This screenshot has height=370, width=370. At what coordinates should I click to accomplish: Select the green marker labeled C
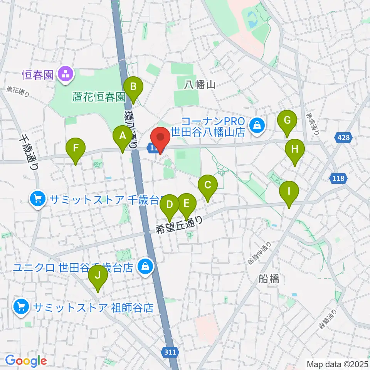click(x=208, y=185)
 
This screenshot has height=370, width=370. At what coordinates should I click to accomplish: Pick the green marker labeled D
click(x=170, y=204)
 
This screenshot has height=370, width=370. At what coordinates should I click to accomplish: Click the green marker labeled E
click(x=187, y=203)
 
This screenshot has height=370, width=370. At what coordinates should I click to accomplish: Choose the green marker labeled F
click(x=76, y=148)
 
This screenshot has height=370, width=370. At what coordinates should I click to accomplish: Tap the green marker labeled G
click(x=287, y=120)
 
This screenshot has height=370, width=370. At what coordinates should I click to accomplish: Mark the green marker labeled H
click(x=295, y=150)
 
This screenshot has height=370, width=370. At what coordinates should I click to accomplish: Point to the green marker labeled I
click(x=289, y=191)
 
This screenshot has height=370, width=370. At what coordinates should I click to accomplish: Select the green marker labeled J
click(x=98, y=276)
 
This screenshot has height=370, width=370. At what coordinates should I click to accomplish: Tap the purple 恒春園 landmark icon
click(x=65, y=74)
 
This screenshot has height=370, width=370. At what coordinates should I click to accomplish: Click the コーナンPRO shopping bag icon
click(x=256, y=125)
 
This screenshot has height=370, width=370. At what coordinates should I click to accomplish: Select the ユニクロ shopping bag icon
click(x=145, y=266)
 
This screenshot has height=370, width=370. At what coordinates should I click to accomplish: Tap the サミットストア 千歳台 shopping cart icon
click(x=38, y=199)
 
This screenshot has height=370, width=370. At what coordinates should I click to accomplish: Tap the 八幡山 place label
click(x=199, y=84)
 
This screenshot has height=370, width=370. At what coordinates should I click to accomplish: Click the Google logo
click(x=26, y=361)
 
